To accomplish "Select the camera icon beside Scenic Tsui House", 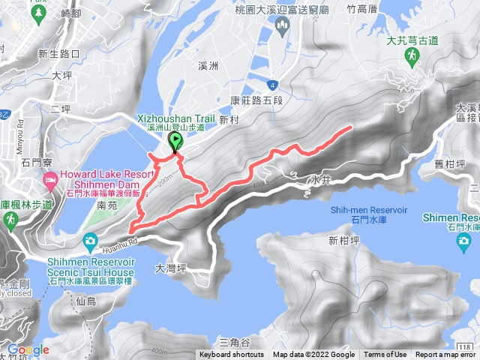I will (x=90, y=241).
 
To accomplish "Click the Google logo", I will (x=28, y=349).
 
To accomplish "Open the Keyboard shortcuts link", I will (x=232, y=355).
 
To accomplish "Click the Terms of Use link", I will (x=386, y=355).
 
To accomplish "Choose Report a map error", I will (x=446, y=355).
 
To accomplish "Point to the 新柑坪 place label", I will (x=342, y=241).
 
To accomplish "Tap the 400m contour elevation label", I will (x=259, y=184).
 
